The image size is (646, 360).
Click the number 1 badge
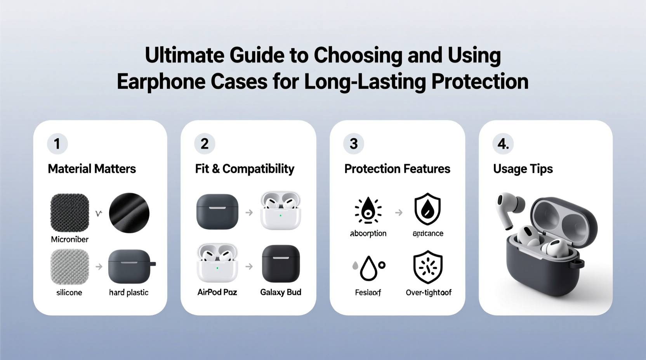coord(57,144)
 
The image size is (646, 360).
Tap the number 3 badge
coord(353,144)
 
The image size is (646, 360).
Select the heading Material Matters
coord(92,169)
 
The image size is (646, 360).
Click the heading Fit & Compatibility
coord(245,169)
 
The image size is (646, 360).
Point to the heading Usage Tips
coord(523,169)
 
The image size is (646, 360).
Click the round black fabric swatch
coord(129,213)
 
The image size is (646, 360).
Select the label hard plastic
coord(129,292)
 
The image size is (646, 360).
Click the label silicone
coord(69,292)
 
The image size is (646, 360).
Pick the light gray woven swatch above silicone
coord(69,267)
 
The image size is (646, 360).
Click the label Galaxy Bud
coord(280,292)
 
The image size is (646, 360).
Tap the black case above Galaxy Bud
coord(281,263)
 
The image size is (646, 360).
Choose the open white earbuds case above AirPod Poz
coord(217,263)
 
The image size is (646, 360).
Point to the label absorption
coord(368,234)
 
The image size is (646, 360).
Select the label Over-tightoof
coord(428,292)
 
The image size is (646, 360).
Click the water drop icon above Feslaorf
coord(368,268)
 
